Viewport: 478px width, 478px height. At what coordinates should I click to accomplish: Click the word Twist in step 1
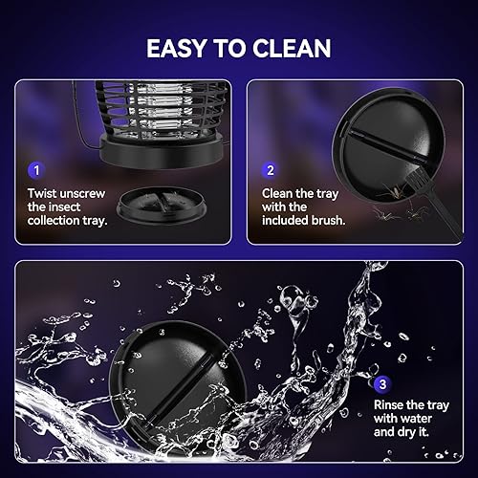(x=44, y=192)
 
